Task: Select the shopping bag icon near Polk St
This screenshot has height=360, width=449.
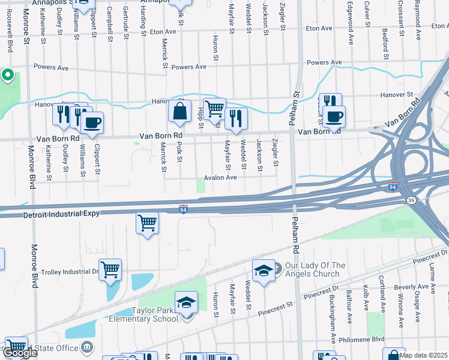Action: [x=180, y=111]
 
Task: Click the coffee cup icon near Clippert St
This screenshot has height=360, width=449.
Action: [x=92, y=124]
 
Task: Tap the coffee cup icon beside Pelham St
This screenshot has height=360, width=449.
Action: [x=334, y=116]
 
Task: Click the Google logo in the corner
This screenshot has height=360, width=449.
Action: [x=20, y=353]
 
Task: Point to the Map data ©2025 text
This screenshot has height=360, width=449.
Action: [x=424, y=355]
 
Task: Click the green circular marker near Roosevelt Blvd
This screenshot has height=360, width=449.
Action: [x=8, y=75]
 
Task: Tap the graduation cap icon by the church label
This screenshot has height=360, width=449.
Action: [x=263, y=271]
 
